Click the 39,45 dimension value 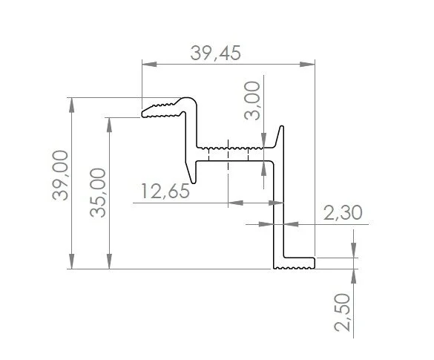(215, 53)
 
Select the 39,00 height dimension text (60, 175)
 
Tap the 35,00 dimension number (98, 193)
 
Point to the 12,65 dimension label (165, 191)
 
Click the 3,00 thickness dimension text (252, 100)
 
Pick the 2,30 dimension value (343, 213)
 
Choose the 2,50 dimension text (343, 312)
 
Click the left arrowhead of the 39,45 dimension (149, 65)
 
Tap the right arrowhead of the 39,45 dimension (307, 65)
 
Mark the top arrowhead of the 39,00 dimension (72, 105)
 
